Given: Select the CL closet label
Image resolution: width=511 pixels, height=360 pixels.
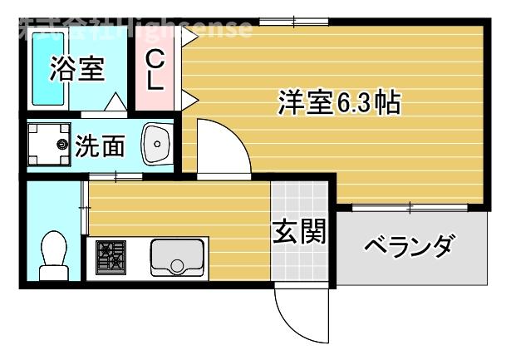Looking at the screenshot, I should coord(155,70).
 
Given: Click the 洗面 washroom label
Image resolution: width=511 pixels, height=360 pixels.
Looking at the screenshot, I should coord(101,146).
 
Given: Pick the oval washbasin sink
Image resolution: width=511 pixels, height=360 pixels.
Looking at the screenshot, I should coord(155,145).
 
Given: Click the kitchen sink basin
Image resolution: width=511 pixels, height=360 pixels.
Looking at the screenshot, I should coord(177,256).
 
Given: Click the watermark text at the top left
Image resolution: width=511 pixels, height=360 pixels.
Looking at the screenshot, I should coord(133,29).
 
